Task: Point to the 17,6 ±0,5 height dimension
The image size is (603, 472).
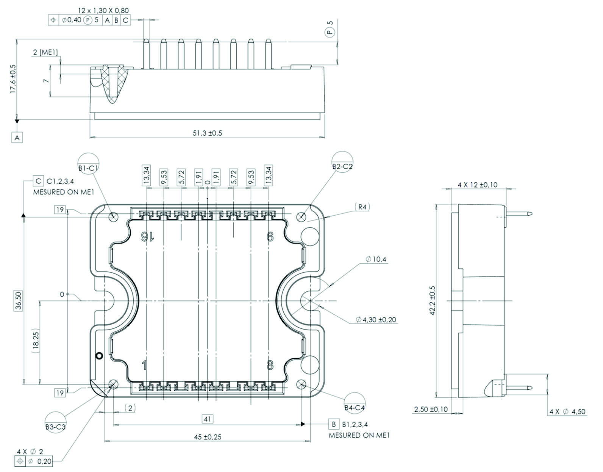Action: (13, 78)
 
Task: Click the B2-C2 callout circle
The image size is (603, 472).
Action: (342, 163)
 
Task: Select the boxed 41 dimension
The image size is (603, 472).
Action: (208, 419)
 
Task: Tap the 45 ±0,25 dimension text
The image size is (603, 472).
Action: (208, 437)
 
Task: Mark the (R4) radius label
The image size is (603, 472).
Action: (363, 207)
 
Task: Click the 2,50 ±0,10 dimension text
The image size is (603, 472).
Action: (431, 409)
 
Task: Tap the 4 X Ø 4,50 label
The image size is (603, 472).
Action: (567, 411)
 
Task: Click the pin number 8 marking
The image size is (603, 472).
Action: (270, 366)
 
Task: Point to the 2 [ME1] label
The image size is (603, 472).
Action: (45, 52)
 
